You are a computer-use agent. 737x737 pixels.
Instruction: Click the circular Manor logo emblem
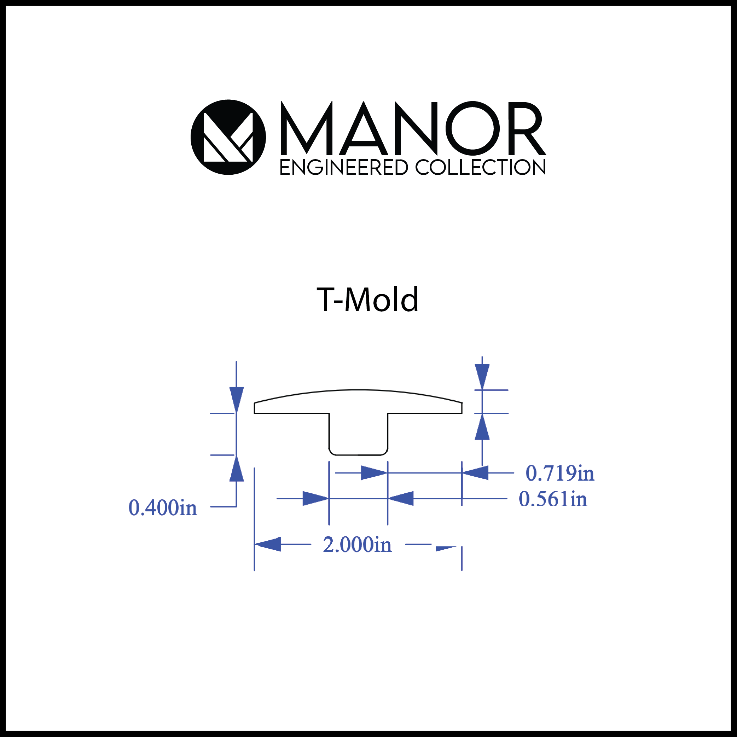pyautogui.click(x=228, y=137)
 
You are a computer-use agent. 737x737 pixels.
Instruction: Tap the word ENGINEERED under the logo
pyautogui.click(x=344, y=168)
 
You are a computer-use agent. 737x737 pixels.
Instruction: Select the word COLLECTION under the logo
pyautogui.click(x=481, y=168)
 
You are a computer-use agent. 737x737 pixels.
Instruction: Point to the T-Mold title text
pyautogui.click(x=368, y=300)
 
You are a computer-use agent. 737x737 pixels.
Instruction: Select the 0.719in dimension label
pyautogui.click(x=560, y=474)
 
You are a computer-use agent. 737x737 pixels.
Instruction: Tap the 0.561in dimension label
pyautogui.click(x=553, y=499)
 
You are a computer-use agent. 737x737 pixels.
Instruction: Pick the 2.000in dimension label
pyautogui.click(x=357, y=545)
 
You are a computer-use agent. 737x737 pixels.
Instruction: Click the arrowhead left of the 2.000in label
pyautogui.click(x=267, y=544)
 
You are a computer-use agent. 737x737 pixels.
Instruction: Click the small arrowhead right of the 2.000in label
pyautogui.click(x=446, y=549)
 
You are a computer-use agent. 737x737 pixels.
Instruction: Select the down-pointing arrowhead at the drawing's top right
pyautogui.click(x=482, y=377)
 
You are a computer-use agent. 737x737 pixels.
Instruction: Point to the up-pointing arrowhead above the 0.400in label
pyautogui.click(x=237, y=468)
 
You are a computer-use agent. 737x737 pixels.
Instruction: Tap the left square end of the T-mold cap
pyautogui.click(x=254, y=408)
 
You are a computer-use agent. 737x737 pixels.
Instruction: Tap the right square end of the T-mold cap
pyautogui.click(x=462, y=408)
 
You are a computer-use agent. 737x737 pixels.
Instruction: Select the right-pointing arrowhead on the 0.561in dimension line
pyautogui.click(x=316, y=499)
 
